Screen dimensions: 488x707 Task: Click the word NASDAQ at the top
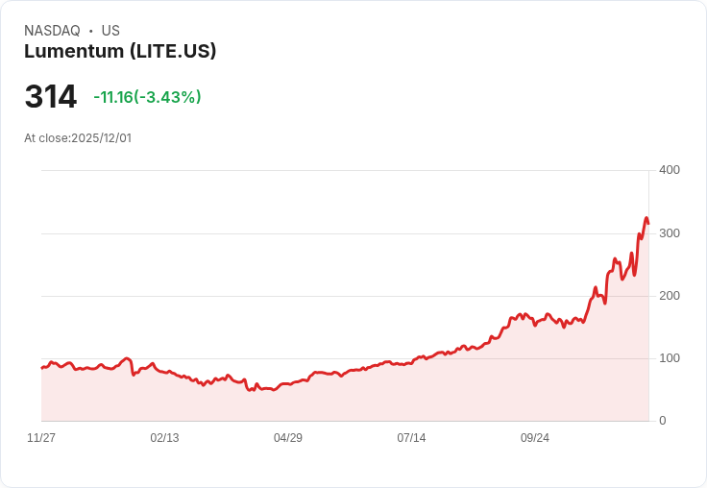coord(52,31)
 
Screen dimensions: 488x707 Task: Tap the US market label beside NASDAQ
coord(110,31)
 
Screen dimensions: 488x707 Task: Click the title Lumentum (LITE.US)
coord(120,52)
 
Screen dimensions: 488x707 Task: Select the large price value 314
coord(51,97)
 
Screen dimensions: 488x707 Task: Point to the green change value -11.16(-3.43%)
coord(147,97)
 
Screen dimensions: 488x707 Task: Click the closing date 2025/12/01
coord(101,138)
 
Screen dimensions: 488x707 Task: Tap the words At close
coord(46,138)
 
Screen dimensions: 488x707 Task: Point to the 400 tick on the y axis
coord(669,170)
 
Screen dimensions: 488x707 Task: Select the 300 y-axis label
coord(669,233)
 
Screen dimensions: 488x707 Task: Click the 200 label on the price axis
coord(669,296)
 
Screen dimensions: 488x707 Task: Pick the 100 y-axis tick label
coord(669,358)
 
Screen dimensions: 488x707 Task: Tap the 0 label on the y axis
coord(662,421)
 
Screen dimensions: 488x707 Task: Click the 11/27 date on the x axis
coord(41,438)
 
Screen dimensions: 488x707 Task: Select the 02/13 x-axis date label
coord(164,438)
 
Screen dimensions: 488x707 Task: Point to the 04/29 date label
coord(288,438)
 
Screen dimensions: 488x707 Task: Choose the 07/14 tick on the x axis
coord(411,438)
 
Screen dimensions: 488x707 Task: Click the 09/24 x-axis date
coord(535,438)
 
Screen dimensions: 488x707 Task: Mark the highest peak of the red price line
coord(646,218)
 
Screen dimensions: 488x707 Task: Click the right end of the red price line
coord(648,224)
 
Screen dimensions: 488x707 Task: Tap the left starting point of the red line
coord(41,368)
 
